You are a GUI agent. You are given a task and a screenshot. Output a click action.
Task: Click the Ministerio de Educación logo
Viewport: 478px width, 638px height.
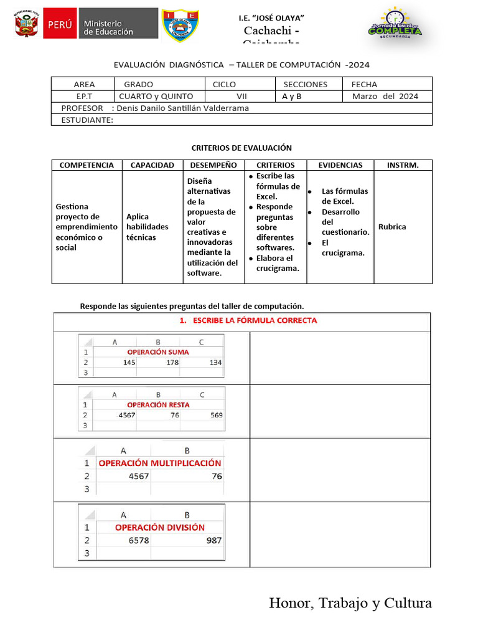(101, 24)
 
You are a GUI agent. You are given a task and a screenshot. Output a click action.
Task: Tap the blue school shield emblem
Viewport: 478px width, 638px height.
(180, 26)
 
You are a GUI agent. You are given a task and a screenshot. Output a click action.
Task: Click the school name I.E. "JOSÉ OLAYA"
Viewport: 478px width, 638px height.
(271, 17)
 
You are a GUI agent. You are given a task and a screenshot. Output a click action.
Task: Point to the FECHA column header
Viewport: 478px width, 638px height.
(364, 84)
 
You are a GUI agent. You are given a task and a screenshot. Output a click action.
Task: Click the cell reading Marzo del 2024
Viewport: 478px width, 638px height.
(385, 97)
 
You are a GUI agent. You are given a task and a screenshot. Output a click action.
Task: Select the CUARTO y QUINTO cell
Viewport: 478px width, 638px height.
(156, 97)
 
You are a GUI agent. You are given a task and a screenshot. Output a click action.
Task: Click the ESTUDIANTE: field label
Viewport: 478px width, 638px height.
(87, 120)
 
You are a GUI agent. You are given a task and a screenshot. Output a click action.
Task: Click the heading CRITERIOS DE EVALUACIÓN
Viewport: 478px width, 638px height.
(241, 148)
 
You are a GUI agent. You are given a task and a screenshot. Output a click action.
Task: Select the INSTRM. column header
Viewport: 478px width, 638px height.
(403, 165)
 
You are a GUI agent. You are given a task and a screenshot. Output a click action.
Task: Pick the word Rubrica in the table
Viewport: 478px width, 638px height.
(392, 227)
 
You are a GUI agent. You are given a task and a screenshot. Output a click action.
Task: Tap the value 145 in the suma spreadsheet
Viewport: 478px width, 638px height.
(129, 363)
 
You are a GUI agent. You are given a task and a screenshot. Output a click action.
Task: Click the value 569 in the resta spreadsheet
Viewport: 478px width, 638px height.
(215, 415)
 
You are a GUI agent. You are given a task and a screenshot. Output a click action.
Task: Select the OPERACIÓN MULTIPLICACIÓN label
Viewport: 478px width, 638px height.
(160, 463)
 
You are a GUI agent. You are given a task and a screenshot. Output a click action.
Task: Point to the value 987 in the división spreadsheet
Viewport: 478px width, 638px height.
(213, 540)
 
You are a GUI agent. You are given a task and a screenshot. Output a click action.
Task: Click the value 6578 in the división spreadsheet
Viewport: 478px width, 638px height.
(139, 540)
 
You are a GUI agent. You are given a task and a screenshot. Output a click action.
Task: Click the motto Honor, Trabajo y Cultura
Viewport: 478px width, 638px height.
(350, 602)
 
